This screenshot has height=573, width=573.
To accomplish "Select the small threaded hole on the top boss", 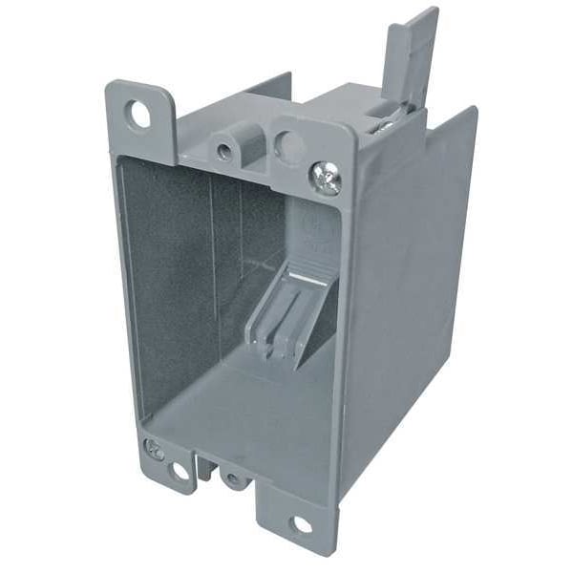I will click(223, 150).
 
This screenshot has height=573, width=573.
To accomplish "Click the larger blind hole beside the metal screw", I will click(287, 144).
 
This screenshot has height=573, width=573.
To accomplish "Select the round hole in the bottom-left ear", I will click(180, 471).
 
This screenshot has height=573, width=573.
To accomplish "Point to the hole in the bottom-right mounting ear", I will click(301, 524).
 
